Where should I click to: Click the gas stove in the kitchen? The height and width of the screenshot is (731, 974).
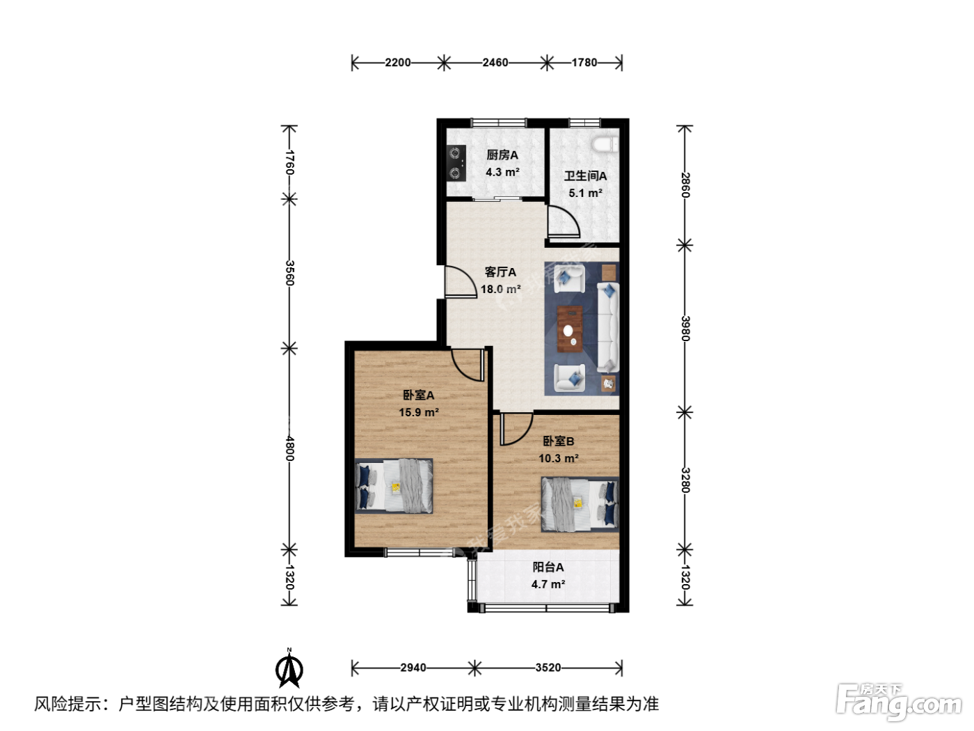[456, 163]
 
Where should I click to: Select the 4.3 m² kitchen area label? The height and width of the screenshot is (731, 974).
[502, 172]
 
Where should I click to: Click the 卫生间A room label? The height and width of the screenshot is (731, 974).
[585, 176]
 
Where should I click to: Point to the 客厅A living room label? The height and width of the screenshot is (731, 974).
[500, 272]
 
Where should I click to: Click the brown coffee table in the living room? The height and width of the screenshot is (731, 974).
[570, 329]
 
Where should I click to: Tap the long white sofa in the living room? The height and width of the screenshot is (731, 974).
[608, 327]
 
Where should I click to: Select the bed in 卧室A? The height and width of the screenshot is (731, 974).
[394, 486]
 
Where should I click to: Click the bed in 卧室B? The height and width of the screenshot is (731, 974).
[580, 504]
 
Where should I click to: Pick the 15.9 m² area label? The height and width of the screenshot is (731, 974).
[418, 412]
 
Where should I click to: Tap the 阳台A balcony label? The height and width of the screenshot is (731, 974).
[548, 567]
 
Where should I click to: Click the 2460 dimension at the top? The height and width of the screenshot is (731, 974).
[495, 63]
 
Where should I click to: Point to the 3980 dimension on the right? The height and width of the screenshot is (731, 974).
[685, 329]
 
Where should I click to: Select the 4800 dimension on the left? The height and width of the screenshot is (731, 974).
[289, 449]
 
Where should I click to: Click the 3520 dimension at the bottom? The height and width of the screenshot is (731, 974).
[548, 668]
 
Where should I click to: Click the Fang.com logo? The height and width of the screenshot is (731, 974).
[899, 701]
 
